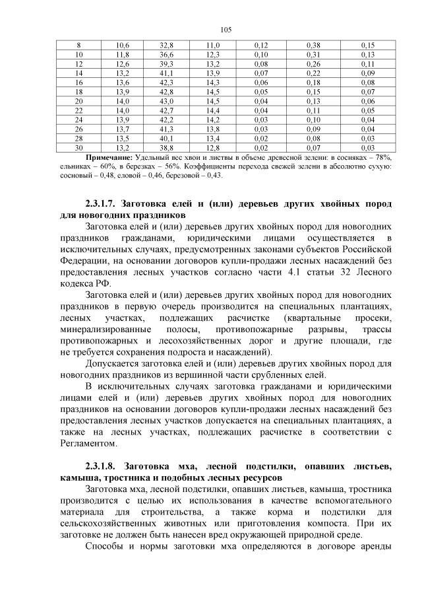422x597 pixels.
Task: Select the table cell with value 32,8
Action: click(x=166, y=44)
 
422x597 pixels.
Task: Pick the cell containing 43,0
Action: click(x=166, y=101)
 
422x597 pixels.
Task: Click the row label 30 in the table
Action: click(x=79, y=148)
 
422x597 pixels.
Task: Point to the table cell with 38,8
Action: click(x=166, y=148)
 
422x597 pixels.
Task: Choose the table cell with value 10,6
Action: click(x=123, y=44)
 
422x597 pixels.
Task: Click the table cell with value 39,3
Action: click(x=166, y=63)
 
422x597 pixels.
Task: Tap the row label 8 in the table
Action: click(x=79, y=44)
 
